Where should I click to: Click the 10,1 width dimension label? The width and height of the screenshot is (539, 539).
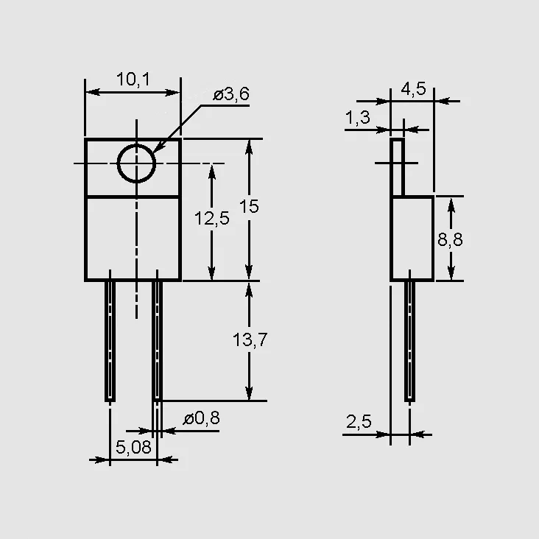(133, 80)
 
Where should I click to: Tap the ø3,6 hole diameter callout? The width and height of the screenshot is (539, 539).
(231, 94)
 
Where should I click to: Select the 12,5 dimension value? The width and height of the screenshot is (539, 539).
(212, 218)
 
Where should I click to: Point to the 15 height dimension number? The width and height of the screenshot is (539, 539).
(249, 206)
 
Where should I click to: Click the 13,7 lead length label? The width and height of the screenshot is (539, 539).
(250, 339)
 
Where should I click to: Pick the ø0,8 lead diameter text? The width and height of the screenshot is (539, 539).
(202, 418)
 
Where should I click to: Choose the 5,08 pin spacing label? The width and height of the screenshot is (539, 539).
(133, 447)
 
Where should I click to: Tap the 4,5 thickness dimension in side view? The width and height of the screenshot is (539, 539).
(414, 89)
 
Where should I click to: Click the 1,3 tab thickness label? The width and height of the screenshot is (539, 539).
(358, 118)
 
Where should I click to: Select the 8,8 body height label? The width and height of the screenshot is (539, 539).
(451, 239)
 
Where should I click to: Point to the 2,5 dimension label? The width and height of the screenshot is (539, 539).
(359, 422)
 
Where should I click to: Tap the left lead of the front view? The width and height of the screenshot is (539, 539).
(110, 341)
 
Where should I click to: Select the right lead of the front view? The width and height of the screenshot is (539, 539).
(158, 341)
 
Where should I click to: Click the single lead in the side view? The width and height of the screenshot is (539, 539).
(409, 341)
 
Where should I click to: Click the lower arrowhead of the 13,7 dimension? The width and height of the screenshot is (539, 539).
(249, 392)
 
